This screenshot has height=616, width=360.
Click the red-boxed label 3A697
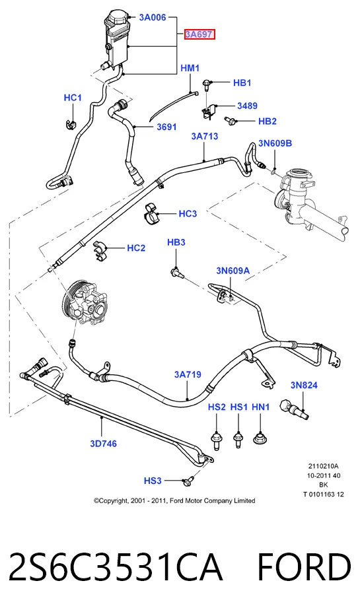click(x=200, y=34)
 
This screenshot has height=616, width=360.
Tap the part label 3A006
click(x=153, y=17)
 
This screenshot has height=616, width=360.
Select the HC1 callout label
click(x=73, y=98)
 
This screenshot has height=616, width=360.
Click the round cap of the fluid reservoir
click(x=117, y=18)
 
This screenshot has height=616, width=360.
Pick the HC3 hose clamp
click(x=151, y=215)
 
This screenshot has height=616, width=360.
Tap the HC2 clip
click(x=100, y=251)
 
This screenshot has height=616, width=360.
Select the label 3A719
click(x=188, y=374)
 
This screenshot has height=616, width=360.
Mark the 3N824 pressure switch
click(x=293, y=409)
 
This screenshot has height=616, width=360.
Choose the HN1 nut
click(x=260, y=437)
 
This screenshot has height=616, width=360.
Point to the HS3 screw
click(x=188, y=480)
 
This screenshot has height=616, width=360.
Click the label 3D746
click(x=103, y=444)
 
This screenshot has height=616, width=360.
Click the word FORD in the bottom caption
click(x=304, y=567)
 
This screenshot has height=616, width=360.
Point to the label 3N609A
click(x=233, y=271)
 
